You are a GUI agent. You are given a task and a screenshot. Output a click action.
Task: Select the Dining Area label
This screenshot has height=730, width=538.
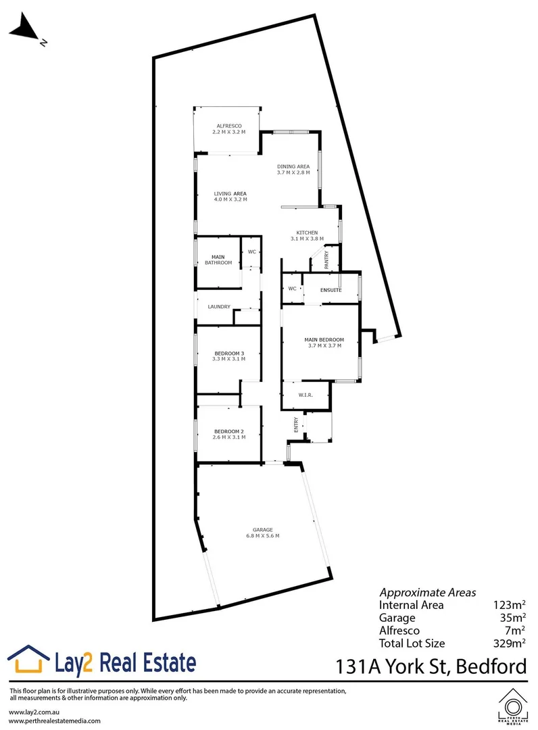pos(293,166)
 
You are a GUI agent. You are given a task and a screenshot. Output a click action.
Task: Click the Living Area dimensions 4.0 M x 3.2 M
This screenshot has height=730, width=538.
pos(230,200)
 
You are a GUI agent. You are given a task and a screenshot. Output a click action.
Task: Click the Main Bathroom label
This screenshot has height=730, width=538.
pos(218,260)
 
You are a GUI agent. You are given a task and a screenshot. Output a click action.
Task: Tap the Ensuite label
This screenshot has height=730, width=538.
pos(331,290)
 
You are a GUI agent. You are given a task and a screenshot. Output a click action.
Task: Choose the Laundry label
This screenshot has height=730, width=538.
pos(219,307)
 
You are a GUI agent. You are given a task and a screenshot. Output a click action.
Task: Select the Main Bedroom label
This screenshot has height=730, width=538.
pos(324,339)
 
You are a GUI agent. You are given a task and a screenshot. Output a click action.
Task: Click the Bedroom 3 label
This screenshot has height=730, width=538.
pos(228,354)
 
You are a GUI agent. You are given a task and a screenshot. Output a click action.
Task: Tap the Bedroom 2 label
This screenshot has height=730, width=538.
pos(228,431)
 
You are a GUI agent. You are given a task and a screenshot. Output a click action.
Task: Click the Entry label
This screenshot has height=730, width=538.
pos(296,424)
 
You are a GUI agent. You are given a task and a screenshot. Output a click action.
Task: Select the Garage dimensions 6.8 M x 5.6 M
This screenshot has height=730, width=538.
pos(263,536)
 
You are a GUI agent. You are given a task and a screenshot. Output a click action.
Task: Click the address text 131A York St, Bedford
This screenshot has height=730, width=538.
pos(431,666)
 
